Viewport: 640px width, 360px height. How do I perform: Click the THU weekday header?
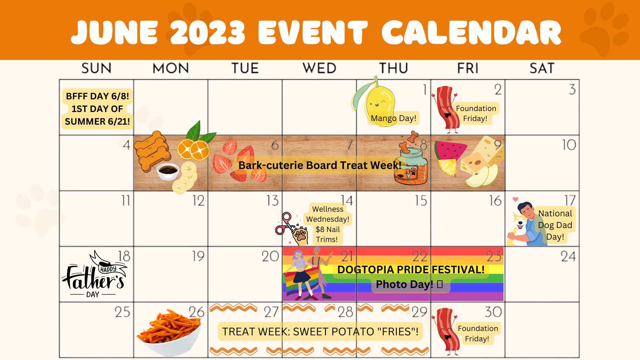[394, 68]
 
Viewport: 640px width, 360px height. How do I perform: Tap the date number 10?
[569, 145]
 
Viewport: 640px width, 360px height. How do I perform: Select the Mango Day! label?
[394, 118]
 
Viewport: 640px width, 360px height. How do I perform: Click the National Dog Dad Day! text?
[555, 225]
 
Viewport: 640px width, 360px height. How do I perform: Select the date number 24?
[568, 256]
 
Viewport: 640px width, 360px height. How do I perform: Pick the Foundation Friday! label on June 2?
[476, 113]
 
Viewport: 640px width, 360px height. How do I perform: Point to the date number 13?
[272, 201]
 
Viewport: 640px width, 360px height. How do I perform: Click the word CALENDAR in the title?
[472, 32]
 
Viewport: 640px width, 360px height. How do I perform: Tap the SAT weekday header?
[542, 68]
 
